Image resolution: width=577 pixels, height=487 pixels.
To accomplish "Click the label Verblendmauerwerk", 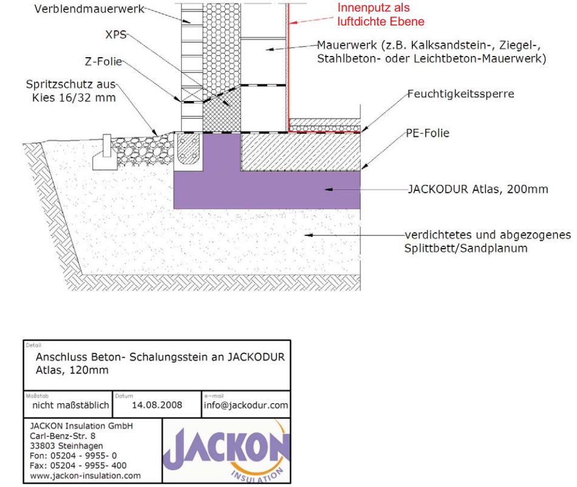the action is (x=89, y=9).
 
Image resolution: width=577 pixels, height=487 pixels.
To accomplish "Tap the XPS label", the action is (x=116, y=35).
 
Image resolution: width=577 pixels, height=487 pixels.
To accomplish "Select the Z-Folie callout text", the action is (x=103, y=61).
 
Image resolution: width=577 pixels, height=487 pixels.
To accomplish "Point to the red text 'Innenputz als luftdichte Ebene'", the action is (x=380, y=15).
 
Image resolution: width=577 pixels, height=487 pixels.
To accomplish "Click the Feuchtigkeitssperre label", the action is (x=461, y=94).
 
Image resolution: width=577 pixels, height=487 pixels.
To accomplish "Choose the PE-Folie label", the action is (x=428, y=133).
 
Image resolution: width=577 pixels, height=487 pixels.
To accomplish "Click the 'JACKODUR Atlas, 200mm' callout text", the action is (x=478, y=189).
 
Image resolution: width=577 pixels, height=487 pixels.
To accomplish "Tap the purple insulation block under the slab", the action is (x=267, y=190).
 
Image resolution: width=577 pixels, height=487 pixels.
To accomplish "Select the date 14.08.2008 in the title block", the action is (x=157, y=405).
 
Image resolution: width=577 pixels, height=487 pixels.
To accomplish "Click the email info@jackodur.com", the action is (x=246, y=405).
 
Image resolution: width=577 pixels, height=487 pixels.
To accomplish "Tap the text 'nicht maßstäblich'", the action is (x=70, y=405).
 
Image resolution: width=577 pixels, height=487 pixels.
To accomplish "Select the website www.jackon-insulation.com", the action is (x=86, y=475).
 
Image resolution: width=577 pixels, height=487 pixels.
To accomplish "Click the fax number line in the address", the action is (x=78, y=466).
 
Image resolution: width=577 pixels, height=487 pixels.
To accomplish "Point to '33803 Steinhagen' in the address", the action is (x=66, y=446).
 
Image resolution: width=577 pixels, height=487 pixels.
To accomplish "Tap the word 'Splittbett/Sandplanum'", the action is (x=466, y=248).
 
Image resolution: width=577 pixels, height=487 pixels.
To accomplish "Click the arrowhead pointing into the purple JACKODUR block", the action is (x=329, y=189).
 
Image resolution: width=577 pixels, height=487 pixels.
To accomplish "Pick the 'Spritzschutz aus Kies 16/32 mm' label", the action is (x=72, y=91).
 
